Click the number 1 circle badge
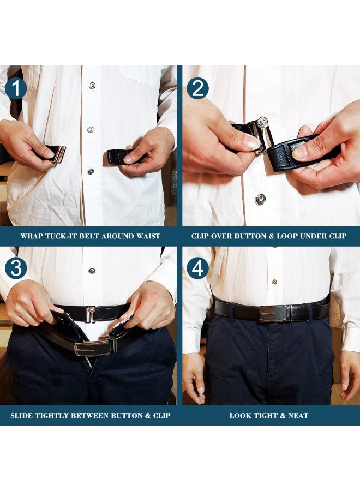[16, 88]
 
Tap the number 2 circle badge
[197, 88]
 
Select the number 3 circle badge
[16, 268]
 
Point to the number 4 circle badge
[197, 268]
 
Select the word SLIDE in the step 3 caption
[23, 416]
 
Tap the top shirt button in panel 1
[92, 86]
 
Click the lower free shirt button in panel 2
[260, 199]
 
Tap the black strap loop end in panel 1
[119, 157]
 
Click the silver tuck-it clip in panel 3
[91, 314]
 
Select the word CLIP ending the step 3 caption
[159, 416]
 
